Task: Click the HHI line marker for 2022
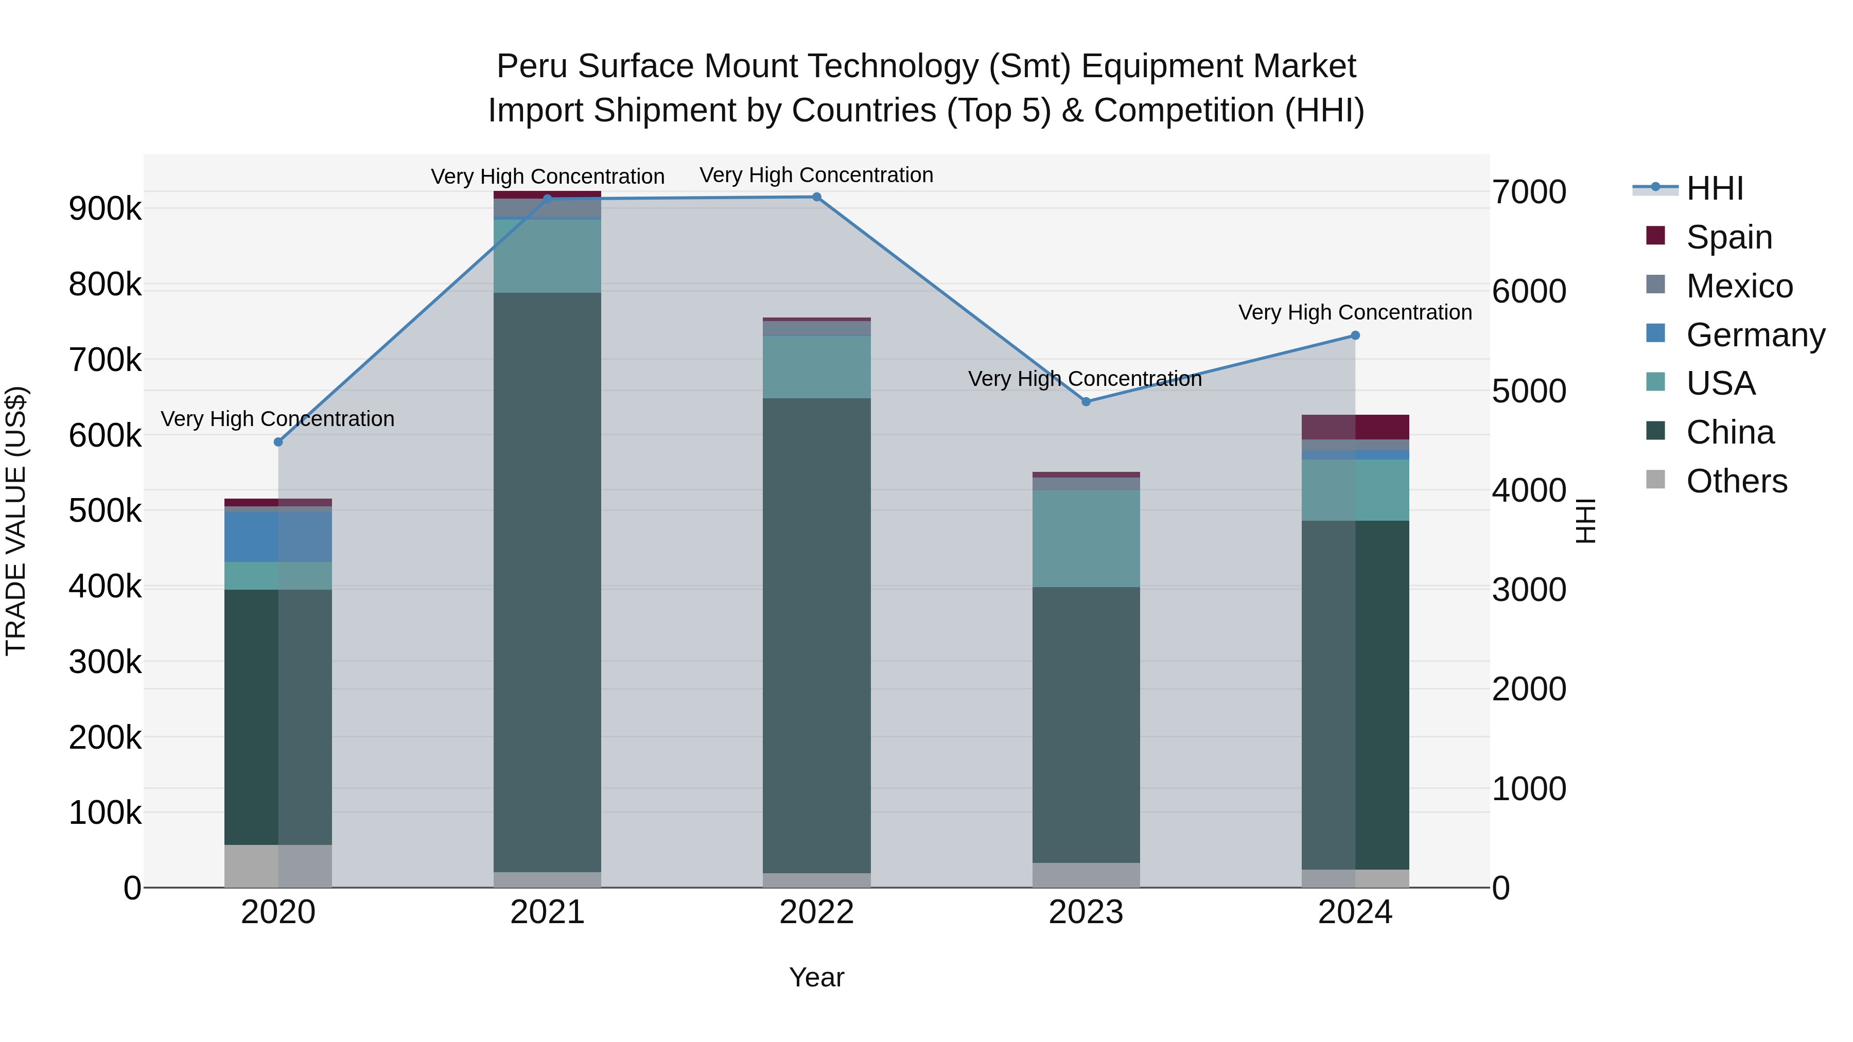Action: tap(816, 197)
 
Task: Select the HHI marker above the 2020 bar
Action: tap(278, 442)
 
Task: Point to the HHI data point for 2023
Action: tap(1086, 401)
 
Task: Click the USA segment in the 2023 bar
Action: tap(1086, 539)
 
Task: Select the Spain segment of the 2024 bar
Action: tap(1355, 427)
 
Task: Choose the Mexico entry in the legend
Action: tap(1739, 286)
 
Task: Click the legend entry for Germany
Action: tap(1755, 335)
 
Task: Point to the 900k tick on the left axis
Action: tap(105, 209)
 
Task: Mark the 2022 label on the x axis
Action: tap(816, 912)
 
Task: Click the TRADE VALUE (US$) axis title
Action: tap(16, 521)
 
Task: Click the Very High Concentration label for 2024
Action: tap(1355, 313)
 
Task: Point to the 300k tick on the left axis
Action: tap(105, 662)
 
